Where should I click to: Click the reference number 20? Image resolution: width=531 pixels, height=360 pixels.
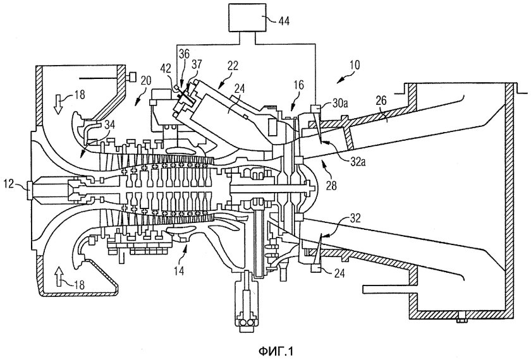tap(145, 81)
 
